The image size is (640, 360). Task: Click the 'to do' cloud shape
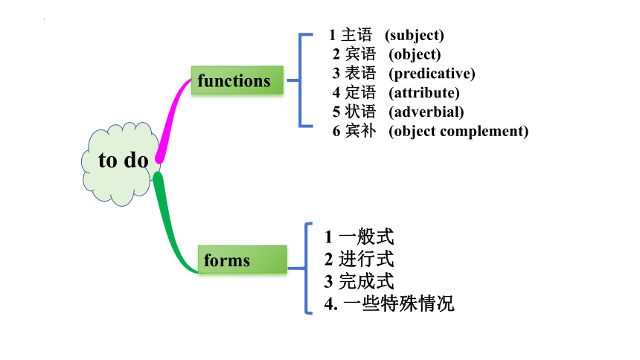coord(121,164)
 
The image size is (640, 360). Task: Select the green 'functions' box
coord(237,80)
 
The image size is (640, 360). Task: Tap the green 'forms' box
coord(243,259)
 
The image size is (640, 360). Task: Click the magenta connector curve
coord(171,118)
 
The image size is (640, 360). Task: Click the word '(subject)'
coord(415,36)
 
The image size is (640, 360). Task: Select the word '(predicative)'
coord(432,74)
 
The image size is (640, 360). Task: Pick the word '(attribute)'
coord(424,93)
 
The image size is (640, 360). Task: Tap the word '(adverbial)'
coord(426,112)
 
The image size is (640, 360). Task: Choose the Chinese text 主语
coord(356,35)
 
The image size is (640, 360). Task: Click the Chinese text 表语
coord(360,73)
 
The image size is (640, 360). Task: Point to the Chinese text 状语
coord(360,112)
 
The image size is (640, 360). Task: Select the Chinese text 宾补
coord(360,131)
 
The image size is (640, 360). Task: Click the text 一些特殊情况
coord(399,303)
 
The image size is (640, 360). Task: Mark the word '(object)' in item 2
coord(415,55)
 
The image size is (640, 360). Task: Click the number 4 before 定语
coord(336,93)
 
